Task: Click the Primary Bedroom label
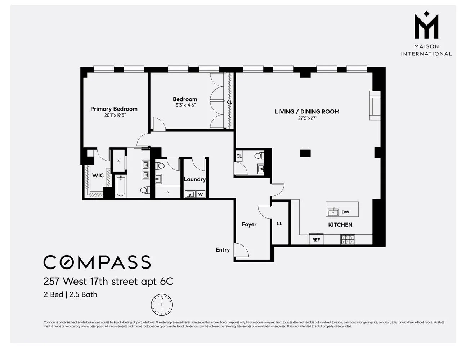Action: pyautogui.click(x=114, y=109)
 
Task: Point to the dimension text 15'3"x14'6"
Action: pyautogui.click(x=185, y=105)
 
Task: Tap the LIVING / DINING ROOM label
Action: pyautogui.click(x=307, y=112)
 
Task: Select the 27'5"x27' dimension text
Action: pyautogui.click(x=307, y=118)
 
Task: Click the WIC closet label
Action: pyautogui.click(x=98, y=176)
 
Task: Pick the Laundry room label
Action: pyautogui.click(x=194, y=179)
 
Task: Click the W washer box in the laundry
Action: pyautogui.click(x=201, y=194)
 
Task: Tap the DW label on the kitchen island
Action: pyautogui.click(x=345, y=212)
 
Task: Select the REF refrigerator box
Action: pyautogui.click(x=316, y=240)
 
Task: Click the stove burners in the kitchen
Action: pyautogui.click(x=348, y=239)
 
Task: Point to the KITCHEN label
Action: pyautogui.click(x=340, y=225)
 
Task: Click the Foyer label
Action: pyautogui.click(x=249, y=224)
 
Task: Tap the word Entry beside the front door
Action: pyautogui.click(x=223, y=250)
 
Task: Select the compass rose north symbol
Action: pyautogui.click(x=162, y=305)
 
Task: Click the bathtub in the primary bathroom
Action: pyautogui.click(x=121, y=186)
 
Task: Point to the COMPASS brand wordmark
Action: pyautogui.click(x=97, y=262)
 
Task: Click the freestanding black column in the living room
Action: pyautogui.click(x=305, y=153)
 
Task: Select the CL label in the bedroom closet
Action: pyautogui.click(x=229, y=102)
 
